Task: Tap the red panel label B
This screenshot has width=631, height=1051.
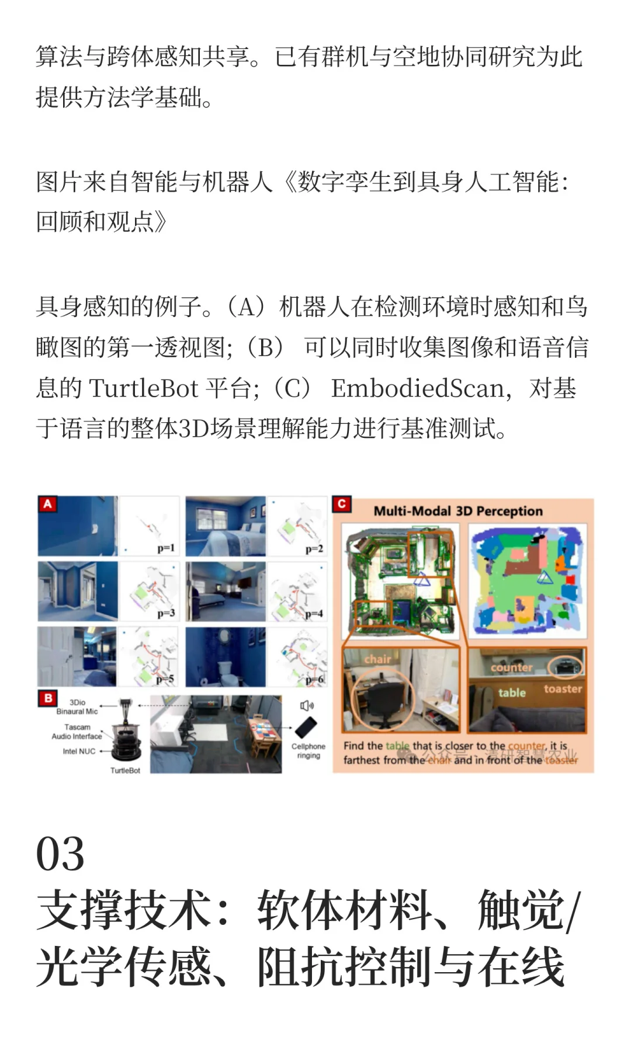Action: [x=48, y=698]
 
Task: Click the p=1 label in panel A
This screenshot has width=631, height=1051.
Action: [x=166, y=548]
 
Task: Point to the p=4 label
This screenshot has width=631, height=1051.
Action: [x=314, y=614]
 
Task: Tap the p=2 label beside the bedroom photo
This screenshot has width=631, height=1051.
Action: [x=314, y=549]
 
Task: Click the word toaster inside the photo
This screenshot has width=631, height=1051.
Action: [x=563, y=689]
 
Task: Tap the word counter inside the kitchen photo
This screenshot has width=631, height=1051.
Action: [x=512, y=667]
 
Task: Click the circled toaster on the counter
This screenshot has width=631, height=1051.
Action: [x=565, y=666]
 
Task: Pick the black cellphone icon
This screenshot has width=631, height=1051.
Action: [x=306, y=728]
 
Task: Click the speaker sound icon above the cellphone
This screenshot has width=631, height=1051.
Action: [x=307, y=705]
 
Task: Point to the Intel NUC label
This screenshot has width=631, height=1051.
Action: [x=79, y=751]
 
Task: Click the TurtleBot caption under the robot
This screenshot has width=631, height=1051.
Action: [x=125, y=771]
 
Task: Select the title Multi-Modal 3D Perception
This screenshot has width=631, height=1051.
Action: [x=458, y=511]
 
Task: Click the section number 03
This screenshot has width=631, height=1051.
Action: [x=60, y=854]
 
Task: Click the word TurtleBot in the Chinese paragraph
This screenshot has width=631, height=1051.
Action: [x=144, y=388]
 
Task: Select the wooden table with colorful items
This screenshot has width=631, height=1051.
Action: [x=263, y=738]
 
